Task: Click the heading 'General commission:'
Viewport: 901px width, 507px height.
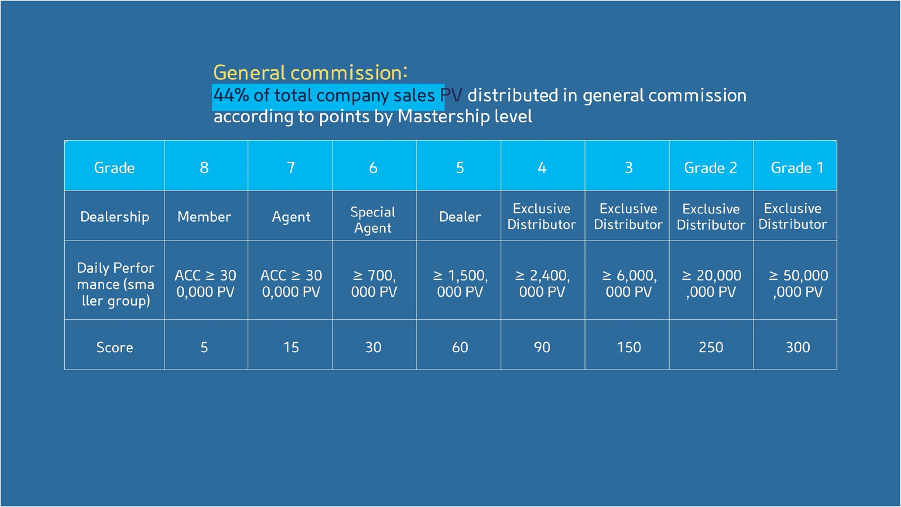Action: pyautogui.click(x=310, y=73)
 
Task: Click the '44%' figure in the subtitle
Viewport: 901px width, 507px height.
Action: pyautogui.click(x=231, y=95)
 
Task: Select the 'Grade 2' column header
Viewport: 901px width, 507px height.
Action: pyautogui.click(x=711, y=168)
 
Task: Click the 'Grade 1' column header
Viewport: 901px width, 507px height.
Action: pyautogui.click(x=797, y=168)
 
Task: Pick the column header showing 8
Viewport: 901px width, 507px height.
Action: pyautogui.click(x=204, y=168)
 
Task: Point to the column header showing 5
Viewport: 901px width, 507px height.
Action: pyautogui.click(x=460, y=168)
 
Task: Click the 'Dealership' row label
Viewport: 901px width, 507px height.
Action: pyautogui.click(x=114, y=217)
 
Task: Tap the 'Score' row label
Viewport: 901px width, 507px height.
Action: pyautogui.click(x=114, y=347)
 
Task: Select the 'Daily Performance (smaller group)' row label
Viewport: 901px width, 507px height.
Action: pyautogui.click(x=115, y=284)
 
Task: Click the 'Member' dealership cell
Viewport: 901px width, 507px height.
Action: pyautogui.click(x=204, y=217)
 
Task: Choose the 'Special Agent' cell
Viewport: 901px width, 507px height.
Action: pyautogui.click(x=373, y=220)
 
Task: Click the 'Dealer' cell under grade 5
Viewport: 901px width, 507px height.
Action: pyautogui.click(x=460, y=217)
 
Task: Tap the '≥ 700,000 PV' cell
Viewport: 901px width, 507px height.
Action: pyautogui.click(x=374, y=283)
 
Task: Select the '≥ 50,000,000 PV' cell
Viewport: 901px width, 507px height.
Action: pyautogui.click(x=798, y=283)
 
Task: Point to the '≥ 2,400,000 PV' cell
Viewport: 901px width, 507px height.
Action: pyautogui.click(x=542, y=283)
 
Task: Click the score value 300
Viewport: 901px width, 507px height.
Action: pyautogui.click(x=798, y=347)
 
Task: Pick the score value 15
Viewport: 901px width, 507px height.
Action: pyautogui.click(x=291, y=347)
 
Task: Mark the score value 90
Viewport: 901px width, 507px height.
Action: pyautogui.click(x=542, y=347)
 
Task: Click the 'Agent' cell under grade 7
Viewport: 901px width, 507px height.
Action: pyautogui.click(x=291, y=217)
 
